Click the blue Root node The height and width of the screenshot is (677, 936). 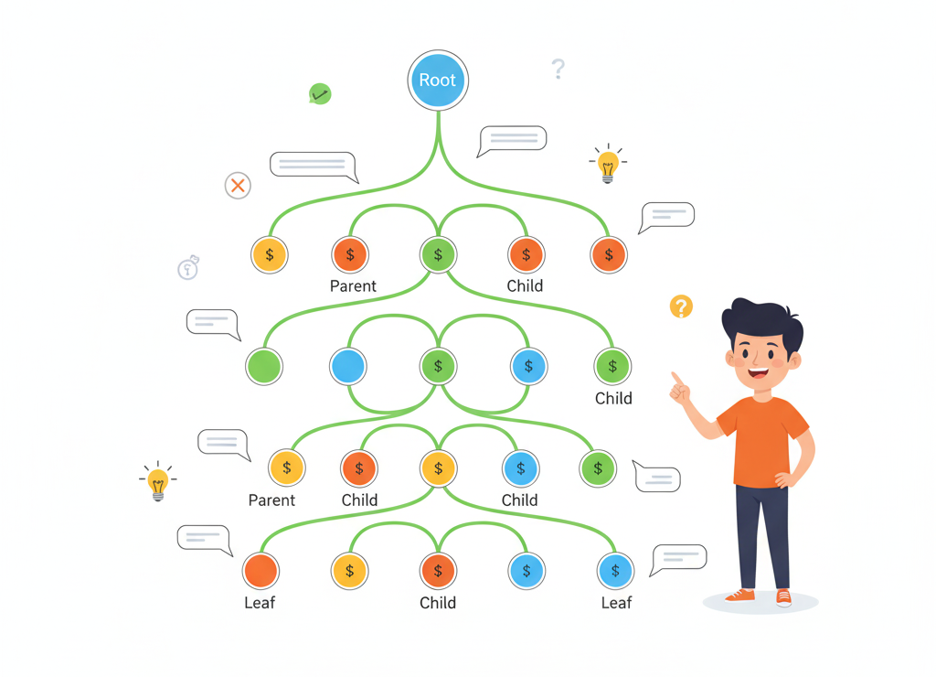pos(438,80)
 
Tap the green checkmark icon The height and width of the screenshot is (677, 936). pos(320,93)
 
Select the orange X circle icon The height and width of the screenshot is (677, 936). pos(238,186)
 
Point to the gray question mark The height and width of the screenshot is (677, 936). pos(558,69)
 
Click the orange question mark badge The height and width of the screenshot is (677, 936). pos(681,306)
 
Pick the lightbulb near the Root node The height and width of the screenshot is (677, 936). pos(608,165)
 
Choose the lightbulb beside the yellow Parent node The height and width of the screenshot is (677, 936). pos(158,481)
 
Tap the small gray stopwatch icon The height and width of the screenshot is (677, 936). pos(188,268)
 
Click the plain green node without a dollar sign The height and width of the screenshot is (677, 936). pos(264,366)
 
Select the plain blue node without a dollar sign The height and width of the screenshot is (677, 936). pos(348,366)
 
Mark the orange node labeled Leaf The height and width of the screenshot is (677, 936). pos(261,571)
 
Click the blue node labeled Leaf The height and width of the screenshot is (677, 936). pos(615,571)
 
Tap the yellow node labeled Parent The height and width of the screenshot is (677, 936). pos(286,467)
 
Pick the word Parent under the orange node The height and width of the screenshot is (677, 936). pos(353,286)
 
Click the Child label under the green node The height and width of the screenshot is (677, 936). pos(613,399)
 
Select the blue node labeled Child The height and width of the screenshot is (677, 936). pos(520,468)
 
